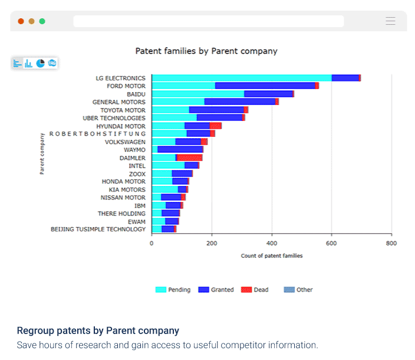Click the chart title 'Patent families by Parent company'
[x=206, y=51]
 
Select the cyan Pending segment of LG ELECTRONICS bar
[x=242, y=78]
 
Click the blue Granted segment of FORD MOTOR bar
[x=265, y=86]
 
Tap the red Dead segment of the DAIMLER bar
[x=189, y=158]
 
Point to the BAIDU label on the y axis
[x=136, y=94]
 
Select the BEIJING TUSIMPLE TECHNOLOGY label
[x=98, y=229]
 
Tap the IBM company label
[x=140, y=205]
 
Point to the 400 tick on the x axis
[x=271, y=243]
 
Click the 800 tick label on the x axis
[x=391, y=243]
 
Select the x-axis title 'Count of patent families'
[x=272, y=256]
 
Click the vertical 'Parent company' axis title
[x=42, y=154]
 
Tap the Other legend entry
[x=298, y=290]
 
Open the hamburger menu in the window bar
[x=390, y=21]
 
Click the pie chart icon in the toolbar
[x=40, y=63]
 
